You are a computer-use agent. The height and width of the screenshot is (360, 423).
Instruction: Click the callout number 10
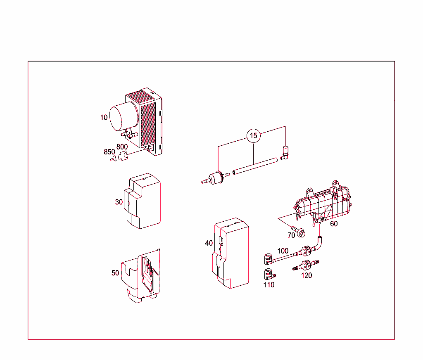pyautogui.click(x=104, y=117)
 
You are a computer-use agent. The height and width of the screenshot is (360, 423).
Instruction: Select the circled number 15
pyautogui.click(x=254, y=135)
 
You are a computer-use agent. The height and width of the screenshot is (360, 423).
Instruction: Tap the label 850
pyautogui.click(x=109, y=152)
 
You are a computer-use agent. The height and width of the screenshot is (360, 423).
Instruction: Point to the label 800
pyautogui.click(x=122, y=147)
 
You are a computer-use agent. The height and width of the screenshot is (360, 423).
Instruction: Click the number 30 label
pyautogui.click(x=119, y=202)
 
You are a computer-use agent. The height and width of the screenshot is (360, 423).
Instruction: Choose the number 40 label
pyautogui.click(x=209, y=243)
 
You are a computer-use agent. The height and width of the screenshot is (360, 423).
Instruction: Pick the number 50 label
pyautogui.click(x=115, y=273)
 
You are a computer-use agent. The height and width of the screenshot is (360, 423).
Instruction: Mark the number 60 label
pyautogui.click(x=334, y=224)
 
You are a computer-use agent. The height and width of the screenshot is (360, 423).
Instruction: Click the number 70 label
pyautogui.click(x=291, y=235)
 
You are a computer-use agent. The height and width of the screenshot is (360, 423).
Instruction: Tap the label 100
pyautogui.click(x=283, y=251)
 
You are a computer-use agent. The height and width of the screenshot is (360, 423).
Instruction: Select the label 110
pyautogui.click(x=269, y=285)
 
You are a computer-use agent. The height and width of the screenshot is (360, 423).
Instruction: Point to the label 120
pyautogui.click(x=306, y=276)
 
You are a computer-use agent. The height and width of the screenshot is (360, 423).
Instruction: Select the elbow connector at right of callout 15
pyautogui.click(x=285, y=152)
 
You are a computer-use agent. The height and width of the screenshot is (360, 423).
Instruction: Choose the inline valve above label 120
pyautogui.click(x=306, y=264)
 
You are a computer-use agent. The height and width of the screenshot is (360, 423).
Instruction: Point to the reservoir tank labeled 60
pyautogui.click(x=322, y=202)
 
